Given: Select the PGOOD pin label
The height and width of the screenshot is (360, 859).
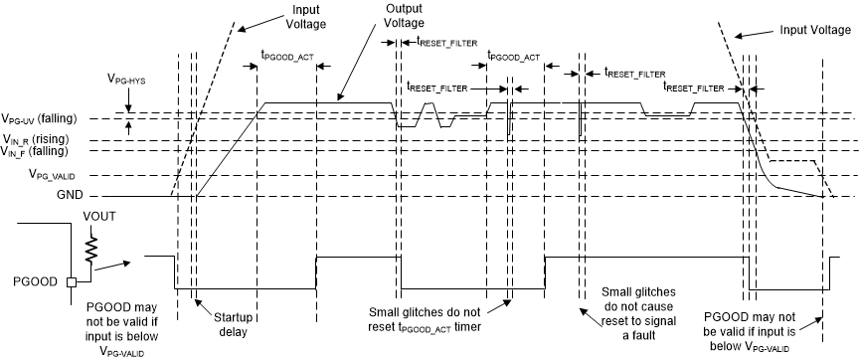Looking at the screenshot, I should (35, 282).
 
